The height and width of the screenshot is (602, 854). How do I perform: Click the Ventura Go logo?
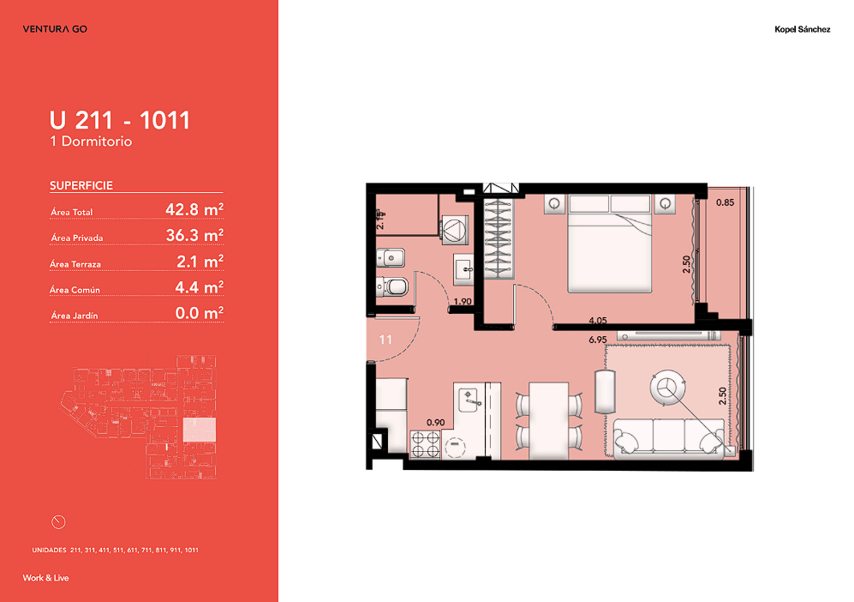tap(55, 29)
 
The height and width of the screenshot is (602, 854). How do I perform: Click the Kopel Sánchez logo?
tap(803, 29)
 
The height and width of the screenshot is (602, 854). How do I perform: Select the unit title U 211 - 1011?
tap(120, 120)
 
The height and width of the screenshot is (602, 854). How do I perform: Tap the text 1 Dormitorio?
tap(91, 141)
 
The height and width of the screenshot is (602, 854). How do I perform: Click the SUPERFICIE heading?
tap(81, 185)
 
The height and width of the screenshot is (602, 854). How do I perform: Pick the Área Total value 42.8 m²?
tap(194, 209)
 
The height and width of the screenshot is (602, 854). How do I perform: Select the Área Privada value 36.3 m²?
tap(194, 235)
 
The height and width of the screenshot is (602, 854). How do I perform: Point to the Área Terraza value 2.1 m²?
tap(200, 262)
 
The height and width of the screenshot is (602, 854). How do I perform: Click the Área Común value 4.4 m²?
tap(200, 286)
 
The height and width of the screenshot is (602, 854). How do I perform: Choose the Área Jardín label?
tap(75, 316)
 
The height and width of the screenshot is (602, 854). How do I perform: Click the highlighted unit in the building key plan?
tap(200, 430)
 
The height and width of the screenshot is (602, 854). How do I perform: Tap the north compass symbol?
tap(58, 522)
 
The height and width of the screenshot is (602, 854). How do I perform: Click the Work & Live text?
tap(45, 578)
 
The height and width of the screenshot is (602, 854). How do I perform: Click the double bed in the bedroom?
tap(610, 244)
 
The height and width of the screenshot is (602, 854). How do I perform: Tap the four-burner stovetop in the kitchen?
tap(426, 444)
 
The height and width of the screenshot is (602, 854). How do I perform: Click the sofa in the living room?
tap(669, 438)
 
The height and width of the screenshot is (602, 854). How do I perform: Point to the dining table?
tap(549, 420)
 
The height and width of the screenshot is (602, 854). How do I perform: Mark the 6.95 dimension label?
tap(598, 340)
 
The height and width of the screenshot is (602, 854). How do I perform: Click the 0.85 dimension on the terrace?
tap(725, 202)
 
